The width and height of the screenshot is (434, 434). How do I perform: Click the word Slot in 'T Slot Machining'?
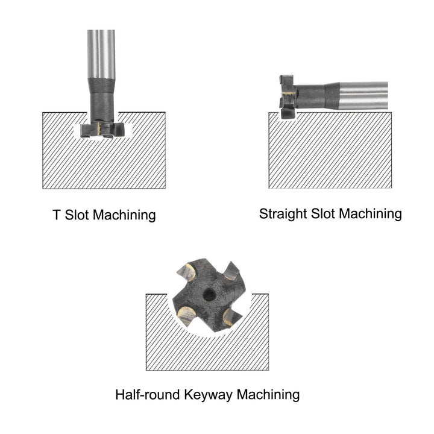75,215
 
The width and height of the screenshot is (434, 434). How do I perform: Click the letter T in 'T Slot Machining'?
57,215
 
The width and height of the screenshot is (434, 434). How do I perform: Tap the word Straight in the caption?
283,214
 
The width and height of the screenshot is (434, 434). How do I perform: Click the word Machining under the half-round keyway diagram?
268,395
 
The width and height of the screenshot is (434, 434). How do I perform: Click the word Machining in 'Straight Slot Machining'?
371,214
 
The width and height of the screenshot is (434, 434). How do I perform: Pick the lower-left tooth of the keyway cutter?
186,315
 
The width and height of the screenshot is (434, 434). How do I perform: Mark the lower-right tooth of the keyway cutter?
231,316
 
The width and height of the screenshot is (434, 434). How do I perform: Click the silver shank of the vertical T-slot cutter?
101,54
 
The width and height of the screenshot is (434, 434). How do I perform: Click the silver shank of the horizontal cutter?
363,95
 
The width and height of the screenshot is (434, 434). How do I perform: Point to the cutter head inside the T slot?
102,130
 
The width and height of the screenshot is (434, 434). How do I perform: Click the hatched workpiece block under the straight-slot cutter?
330,150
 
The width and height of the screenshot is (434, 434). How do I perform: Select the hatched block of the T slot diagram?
104,163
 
